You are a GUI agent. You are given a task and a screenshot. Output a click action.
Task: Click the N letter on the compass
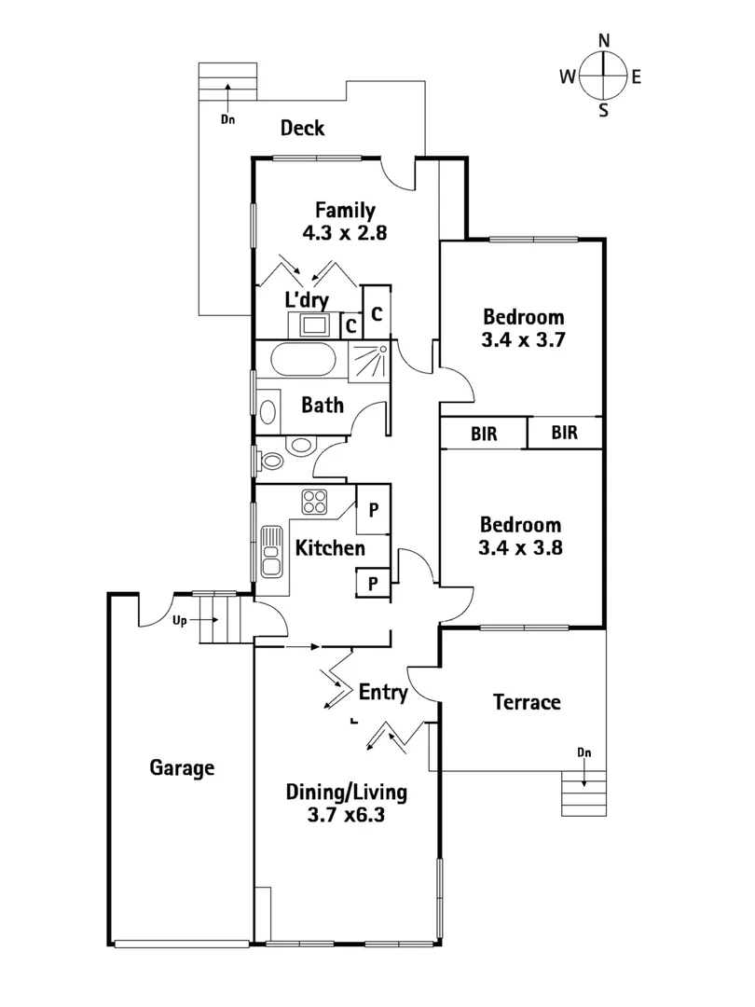coord(603,40)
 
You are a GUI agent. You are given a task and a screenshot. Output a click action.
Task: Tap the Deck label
coord(303,128)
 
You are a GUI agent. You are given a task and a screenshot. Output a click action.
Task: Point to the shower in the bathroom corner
coord(369,360)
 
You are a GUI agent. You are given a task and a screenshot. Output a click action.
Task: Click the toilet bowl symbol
coord(272,460)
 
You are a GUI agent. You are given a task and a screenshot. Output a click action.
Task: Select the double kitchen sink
coord(271,551)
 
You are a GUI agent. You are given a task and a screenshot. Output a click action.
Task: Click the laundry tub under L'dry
coord(313,324)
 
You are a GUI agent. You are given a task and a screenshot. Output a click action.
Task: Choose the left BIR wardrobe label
coord(483,433)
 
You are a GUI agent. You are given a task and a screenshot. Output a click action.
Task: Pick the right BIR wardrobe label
coord(564,433)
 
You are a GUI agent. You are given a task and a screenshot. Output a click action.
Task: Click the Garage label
coord(182,768)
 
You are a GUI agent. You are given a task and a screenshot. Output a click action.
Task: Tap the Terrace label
coord(527,702)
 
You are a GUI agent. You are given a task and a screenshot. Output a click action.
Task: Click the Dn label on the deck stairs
coord(226,119)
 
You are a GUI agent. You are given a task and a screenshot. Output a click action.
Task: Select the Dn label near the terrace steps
coord(583,752)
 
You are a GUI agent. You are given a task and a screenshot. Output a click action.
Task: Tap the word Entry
coord(383,693)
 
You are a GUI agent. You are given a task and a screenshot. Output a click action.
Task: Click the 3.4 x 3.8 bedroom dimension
coord(520,548)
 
